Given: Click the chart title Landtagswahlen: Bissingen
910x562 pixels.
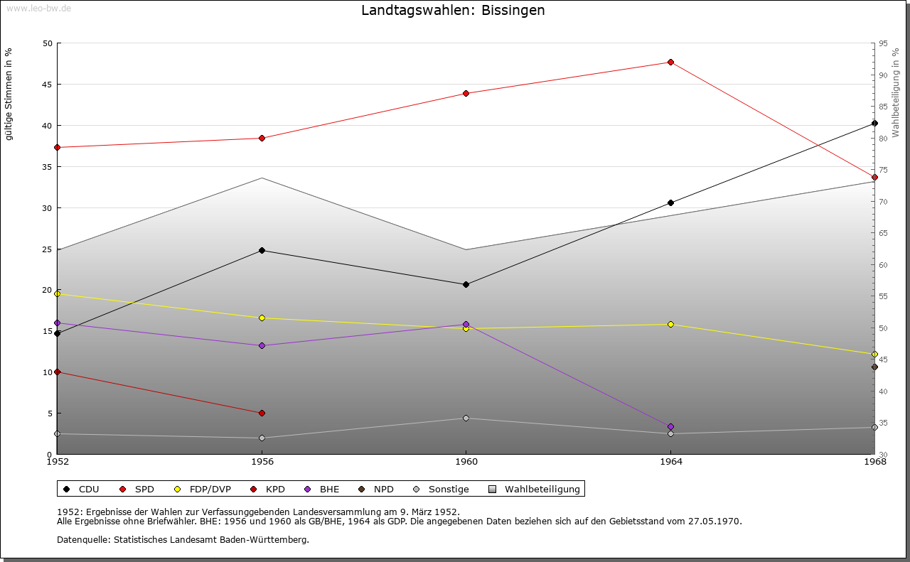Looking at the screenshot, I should pyautogui.click(x=453, y=10).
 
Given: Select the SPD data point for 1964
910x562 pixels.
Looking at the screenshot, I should pyautogui.click(x=670, y=62).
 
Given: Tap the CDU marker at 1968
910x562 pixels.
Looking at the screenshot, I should pyautogui.click(x=874, y=123).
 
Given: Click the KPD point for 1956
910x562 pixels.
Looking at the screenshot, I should pyautogui.click(x=262, y=413).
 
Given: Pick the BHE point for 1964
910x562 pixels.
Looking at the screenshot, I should pyautogui.click(x=670, y=427).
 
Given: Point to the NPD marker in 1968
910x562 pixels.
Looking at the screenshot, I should pyautogui.click(x=874, y=367).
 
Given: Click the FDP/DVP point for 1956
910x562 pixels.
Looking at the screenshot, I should pyautogui.click(x=262, y=318).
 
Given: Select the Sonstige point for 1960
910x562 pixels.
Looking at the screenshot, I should pyautogui.click(x=466, y=418).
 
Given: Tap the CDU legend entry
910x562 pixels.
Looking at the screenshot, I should pyautogui.click(x=81, y=489).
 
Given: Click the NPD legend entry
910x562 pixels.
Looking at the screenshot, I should pyautogui.click(x=376, y=489).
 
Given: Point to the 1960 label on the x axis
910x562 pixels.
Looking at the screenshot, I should pyautogui.click(x=466, y=462).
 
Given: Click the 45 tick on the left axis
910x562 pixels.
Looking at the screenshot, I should pyautogui.click(x=47, y=85).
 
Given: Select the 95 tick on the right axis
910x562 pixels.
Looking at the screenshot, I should pyautogui.click(x=883, y=43).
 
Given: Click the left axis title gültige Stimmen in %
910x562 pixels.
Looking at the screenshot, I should pyautogui.click(x=9, y=94).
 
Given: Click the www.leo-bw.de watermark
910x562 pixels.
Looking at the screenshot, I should pyautogui.click(x=38, y=8).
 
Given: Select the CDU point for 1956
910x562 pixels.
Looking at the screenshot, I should pyautogui.click(x=262, y=250).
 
